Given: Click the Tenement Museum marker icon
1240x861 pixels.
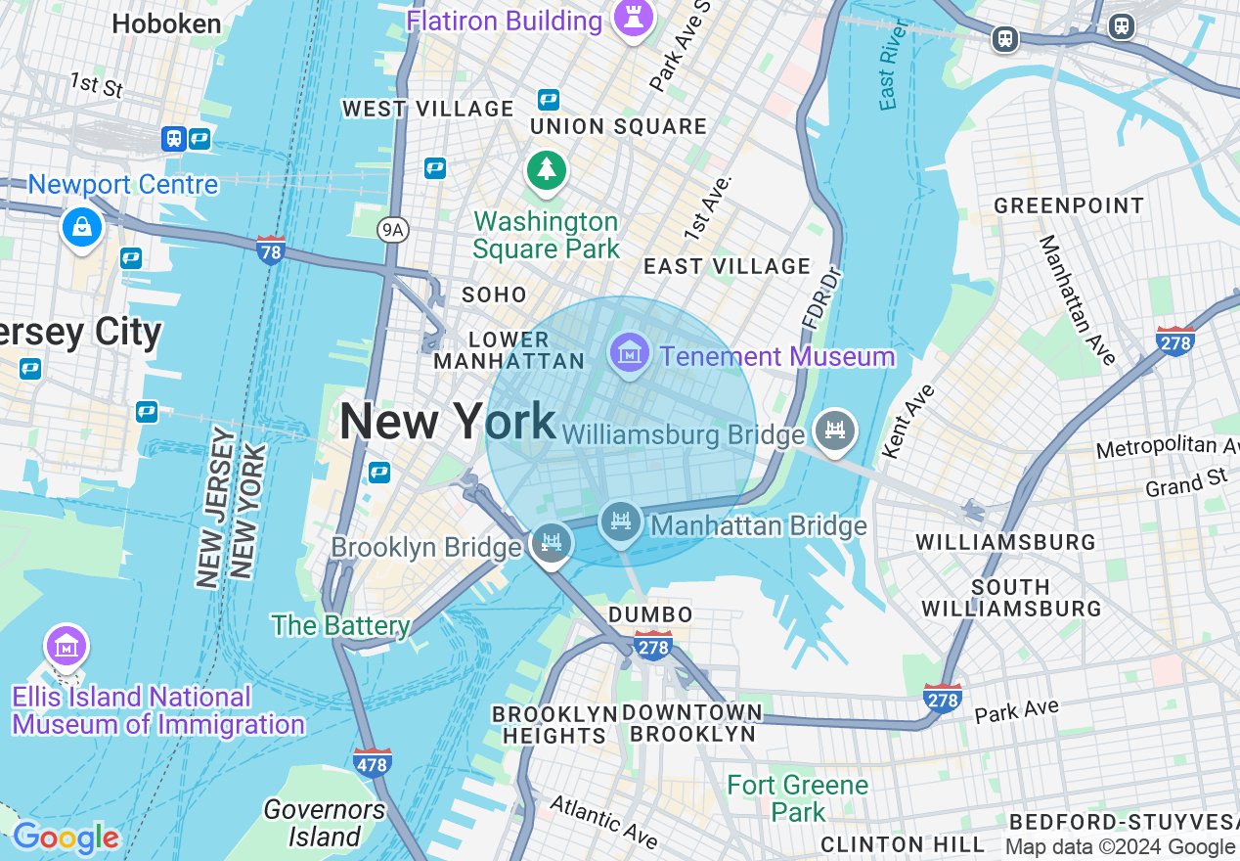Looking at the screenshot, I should click(x=630, y=351).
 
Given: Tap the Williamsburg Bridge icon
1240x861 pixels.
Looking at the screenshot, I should click(x=833, y=430).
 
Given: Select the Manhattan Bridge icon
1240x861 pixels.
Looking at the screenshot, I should click(x=620, y=522).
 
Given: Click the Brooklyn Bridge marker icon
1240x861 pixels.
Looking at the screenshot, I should click(x=551, y=542).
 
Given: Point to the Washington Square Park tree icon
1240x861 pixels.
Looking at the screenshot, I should click(x=547, y=171).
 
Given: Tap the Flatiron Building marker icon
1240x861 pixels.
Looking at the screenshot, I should click(x=633, y=17).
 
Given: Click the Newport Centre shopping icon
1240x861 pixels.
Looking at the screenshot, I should click(x=82, y=227).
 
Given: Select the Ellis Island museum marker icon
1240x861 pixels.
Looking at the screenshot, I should click(x=66, y=647).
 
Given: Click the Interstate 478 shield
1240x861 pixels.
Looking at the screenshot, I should click(x=373, y=762).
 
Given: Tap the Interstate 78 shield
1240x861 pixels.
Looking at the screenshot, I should click(x=271, y=249).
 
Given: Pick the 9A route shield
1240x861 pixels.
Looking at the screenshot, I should click(x=392, y=229).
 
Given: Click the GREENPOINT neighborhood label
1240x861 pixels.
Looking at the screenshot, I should click(x=1069, y=205).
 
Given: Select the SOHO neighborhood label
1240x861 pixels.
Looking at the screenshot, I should click(x=494, y=295).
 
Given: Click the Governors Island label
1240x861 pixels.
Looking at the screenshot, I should click(x=325, y=823).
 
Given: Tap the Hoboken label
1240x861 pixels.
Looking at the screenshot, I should click(x=166, y=23).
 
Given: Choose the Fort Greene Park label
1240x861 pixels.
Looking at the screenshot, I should click(x=798, y=798).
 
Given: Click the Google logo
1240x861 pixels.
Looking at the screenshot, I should click(x=66, y=838).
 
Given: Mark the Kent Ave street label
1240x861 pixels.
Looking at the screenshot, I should click(x=908, y=422).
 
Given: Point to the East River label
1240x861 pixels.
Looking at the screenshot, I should click(x=888, y=76).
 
